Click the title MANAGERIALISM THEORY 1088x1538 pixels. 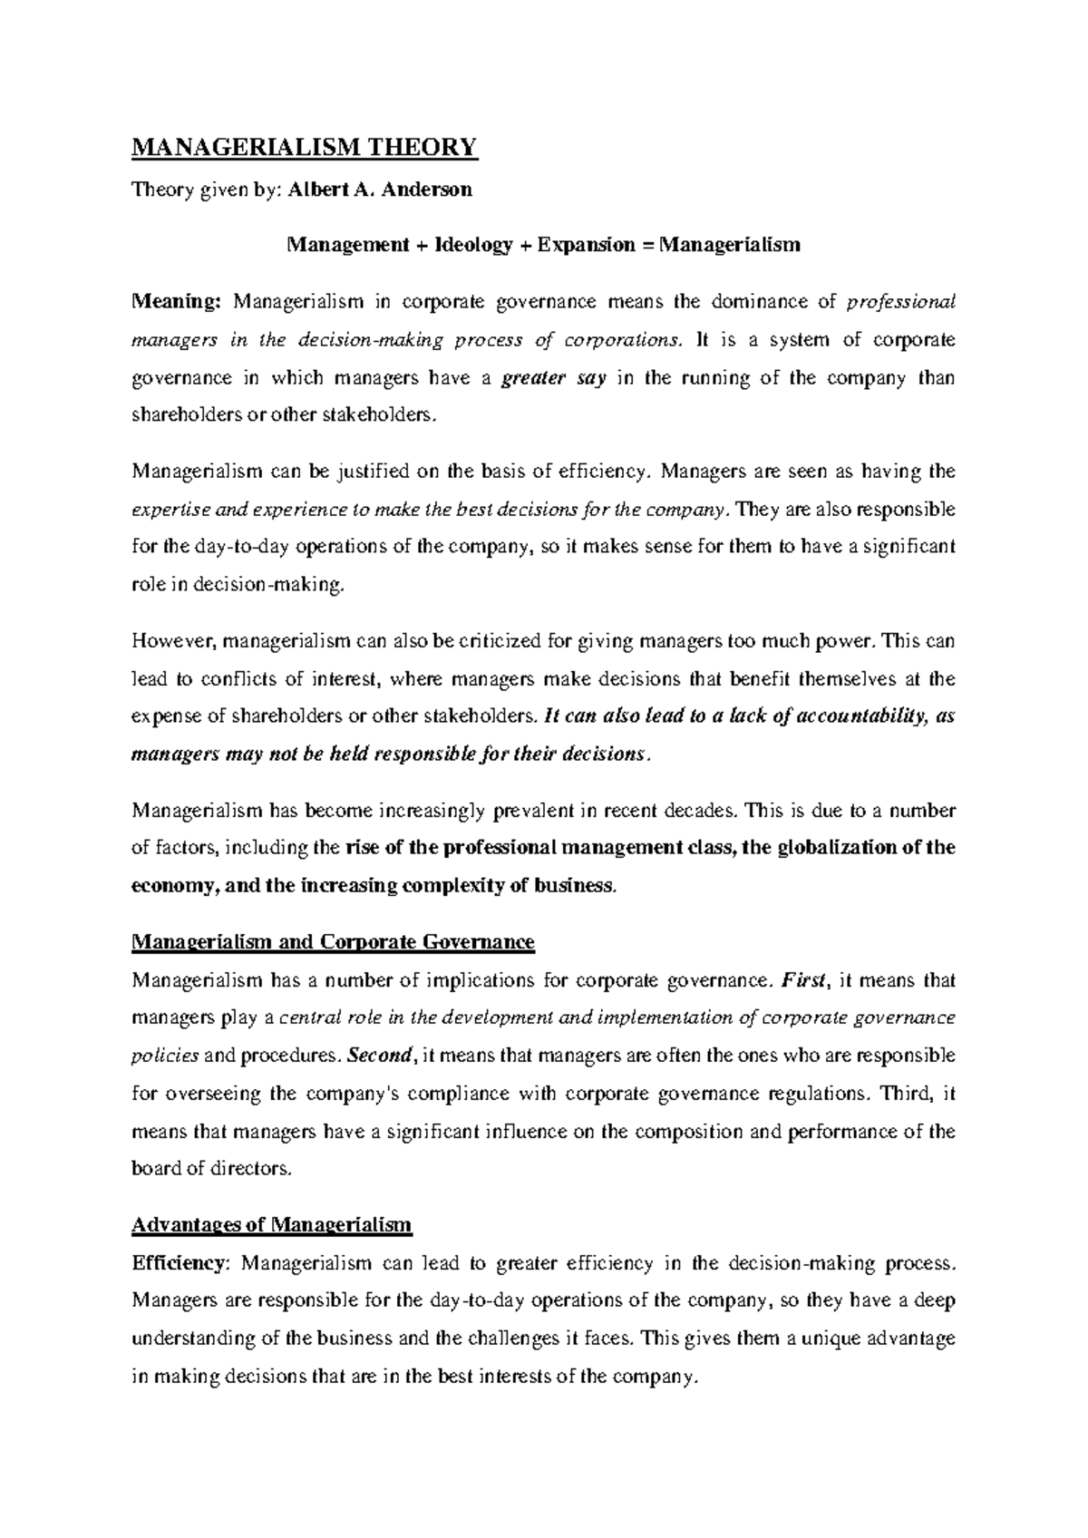(x=304, y=146)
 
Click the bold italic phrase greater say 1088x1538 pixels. (x=553, y=378)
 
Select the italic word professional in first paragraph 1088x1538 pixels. (x=899, y=302)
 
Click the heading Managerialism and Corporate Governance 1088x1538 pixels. (x=333, y=943)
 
